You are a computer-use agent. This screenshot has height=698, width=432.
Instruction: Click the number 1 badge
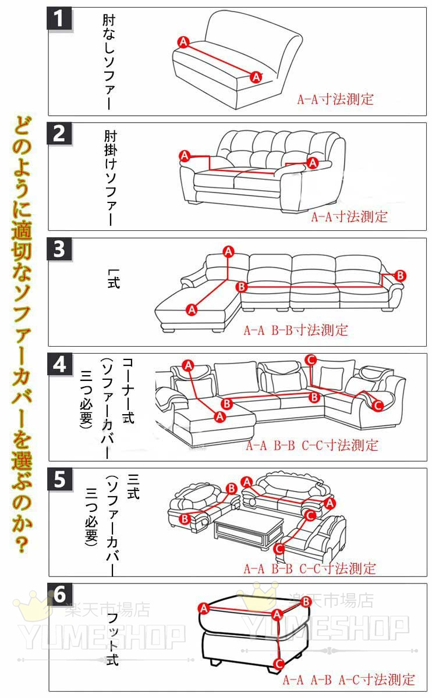[59, 19]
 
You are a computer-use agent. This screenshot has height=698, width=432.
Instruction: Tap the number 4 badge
[59, 364]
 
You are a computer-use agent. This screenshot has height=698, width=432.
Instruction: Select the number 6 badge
[59, 594]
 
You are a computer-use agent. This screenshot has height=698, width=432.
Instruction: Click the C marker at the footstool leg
[279, 664]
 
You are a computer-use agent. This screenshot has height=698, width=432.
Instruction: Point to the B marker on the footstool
[306, 601]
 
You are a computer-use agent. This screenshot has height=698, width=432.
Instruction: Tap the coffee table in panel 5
[249, 529]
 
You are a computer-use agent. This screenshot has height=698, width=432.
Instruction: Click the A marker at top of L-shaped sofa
[229, 251]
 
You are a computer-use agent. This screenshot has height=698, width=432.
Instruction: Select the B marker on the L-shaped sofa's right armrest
[401, 276]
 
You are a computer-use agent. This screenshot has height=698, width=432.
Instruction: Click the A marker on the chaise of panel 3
[192, 309]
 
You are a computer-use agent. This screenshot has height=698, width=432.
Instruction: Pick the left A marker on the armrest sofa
[185, 155]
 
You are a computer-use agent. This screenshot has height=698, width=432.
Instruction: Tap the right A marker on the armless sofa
[256, 77]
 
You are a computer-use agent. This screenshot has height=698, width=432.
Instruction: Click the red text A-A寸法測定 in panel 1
[335, 99]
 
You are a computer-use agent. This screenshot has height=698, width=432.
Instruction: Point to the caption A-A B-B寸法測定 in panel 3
[296, 330]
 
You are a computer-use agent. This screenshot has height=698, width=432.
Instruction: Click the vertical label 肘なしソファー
[109, 62]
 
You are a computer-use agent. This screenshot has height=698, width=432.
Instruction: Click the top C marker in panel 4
[311, 360]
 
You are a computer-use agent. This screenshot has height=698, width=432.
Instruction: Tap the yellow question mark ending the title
[22, 544]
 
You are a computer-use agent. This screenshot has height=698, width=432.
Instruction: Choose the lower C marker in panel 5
[279, 557]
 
